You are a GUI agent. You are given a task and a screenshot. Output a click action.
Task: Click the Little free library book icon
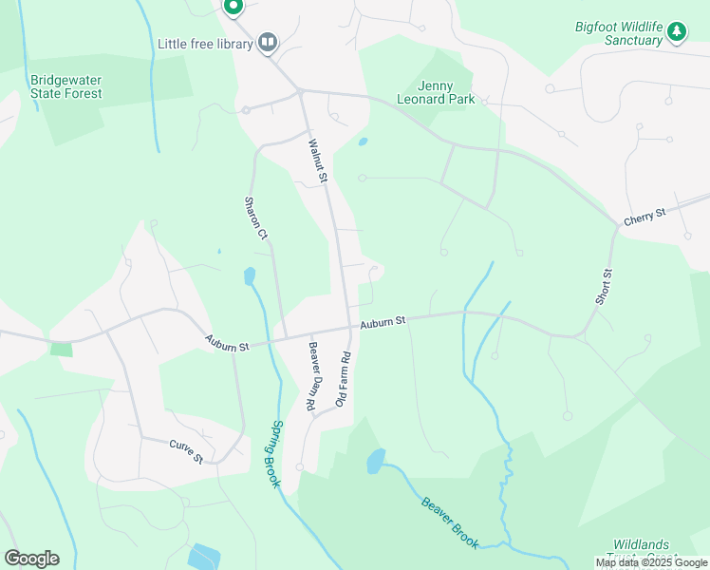269,42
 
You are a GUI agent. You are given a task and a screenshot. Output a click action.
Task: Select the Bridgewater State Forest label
66,86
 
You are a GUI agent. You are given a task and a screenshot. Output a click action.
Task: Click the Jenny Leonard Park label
434,91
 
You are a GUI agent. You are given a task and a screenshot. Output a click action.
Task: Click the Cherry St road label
645,218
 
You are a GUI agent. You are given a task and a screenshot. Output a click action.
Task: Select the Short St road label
605,286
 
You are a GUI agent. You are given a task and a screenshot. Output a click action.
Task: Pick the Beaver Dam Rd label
311,376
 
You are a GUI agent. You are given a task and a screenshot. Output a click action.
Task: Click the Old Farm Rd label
344,380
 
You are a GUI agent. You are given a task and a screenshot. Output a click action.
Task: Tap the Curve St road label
187,450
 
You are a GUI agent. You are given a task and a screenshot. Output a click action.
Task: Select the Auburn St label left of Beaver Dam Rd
226,342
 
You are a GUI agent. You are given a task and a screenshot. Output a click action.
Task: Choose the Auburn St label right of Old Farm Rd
383,323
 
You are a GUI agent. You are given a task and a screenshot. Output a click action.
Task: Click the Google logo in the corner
31,559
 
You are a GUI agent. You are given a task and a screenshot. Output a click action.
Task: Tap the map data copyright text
651,562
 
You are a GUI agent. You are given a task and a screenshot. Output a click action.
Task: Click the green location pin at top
234,6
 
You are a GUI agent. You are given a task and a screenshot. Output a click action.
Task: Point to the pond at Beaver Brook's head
377,461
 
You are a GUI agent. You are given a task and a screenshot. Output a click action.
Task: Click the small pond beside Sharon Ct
250,276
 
